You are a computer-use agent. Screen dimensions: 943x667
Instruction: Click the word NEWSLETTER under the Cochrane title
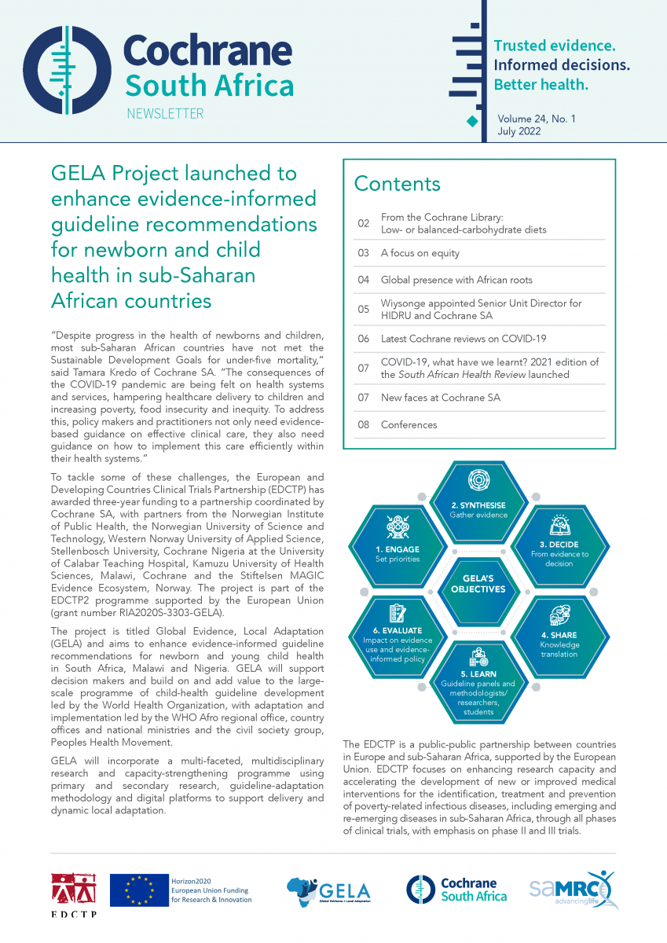tap(165, 114)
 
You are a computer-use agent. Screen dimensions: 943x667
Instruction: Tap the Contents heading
tap(397, 184)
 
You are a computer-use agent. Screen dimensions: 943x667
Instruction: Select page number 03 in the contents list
tap(363, 254)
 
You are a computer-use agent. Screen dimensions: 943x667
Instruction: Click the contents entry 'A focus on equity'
tap(420, 254)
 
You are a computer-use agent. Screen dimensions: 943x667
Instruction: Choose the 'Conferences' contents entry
tap(409, 425)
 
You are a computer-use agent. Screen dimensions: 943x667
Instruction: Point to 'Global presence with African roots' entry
tap(456, 280)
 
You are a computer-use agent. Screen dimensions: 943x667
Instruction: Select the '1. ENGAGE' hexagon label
tap(398, 549)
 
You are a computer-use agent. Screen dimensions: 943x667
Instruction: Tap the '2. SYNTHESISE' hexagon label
tap(478, 505)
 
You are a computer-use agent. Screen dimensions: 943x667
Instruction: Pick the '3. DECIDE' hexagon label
tap(559, 544)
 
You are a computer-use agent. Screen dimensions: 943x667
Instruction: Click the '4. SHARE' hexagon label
tap(559, 635)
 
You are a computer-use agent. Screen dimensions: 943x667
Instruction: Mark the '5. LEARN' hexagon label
tap(478, 674)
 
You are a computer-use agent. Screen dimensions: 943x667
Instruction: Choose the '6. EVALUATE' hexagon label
tap(398, 630)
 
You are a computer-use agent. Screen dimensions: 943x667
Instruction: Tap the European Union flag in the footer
tap(140, 890)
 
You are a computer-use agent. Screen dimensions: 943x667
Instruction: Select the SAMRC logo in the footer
tap(570, 890)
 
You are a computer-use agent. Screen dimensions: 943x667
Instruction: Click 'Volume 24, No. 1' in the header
tap(536, 119)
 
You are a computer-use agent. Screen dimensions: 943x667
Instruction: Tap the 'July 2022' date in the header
tap(519, 131)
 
